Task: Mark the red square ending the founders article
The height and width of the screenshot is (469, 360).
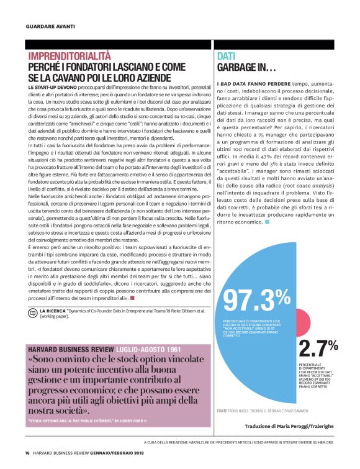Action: coord(132,299)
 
